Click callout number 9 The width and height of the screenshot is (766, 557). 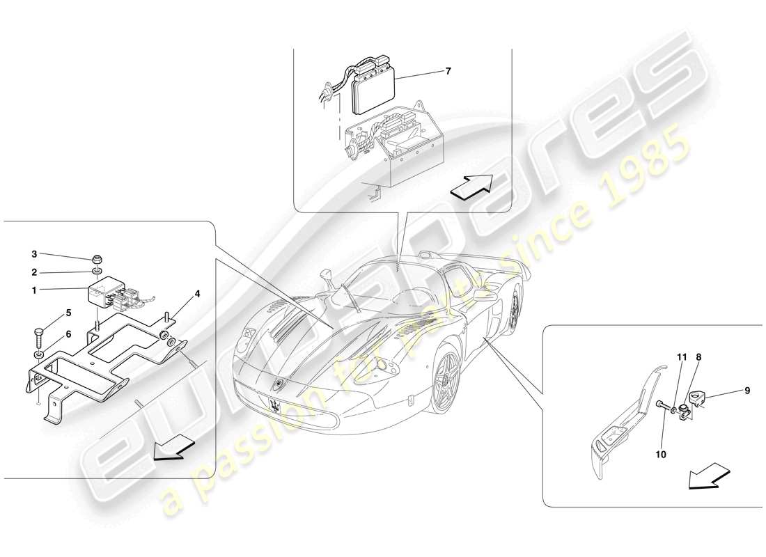tap(747, 391)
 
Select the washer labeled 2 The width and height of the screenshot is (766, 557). tap(98, 271)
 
